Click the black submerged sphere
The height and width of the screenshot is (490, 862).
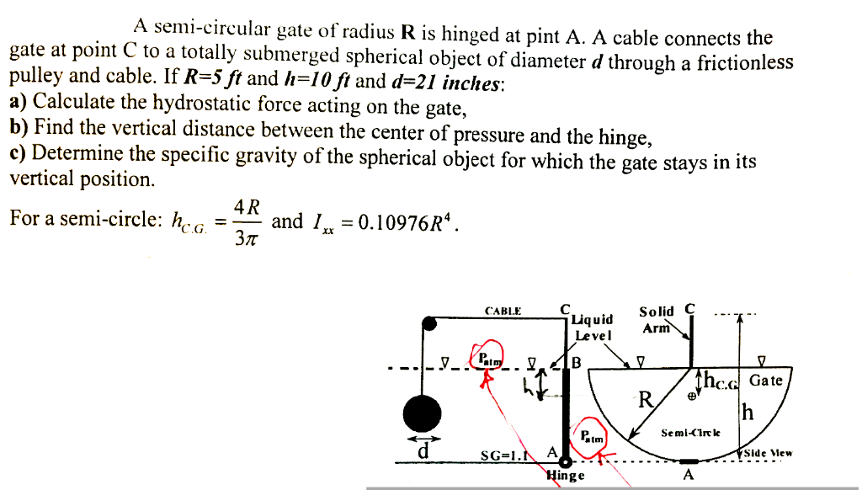pyautogui.click(x=423, y=413)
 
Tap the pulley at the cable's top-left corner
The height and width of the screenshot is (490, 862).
pyautogui.click(x=428, y=321)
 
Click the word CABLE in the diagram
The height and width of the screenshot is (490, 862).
pyautogui.click(x=504, y=311)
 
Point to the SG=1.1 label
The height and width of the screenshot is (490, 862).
pyautogui.click(x=498, y=455)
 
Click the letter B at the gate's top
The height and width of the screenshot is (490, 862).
pyautogui.click(x=577, y=363)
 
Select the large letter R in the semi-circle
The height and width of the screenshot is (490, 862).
pyautogui.click(x=645, y=398)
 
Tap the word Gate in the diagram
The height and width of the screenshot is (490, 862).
pyautogui.click(x=765, y=381)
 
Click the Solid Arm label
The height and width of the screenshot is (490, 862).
pyautogui.click(x=657, y=319)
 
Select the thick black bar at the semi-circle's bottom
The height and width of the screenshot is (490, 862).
pyautogui.click(x=689, y=461)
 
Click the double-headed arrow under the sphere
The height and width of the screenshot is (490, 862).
pyautogui.click(x=423, y=439)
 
